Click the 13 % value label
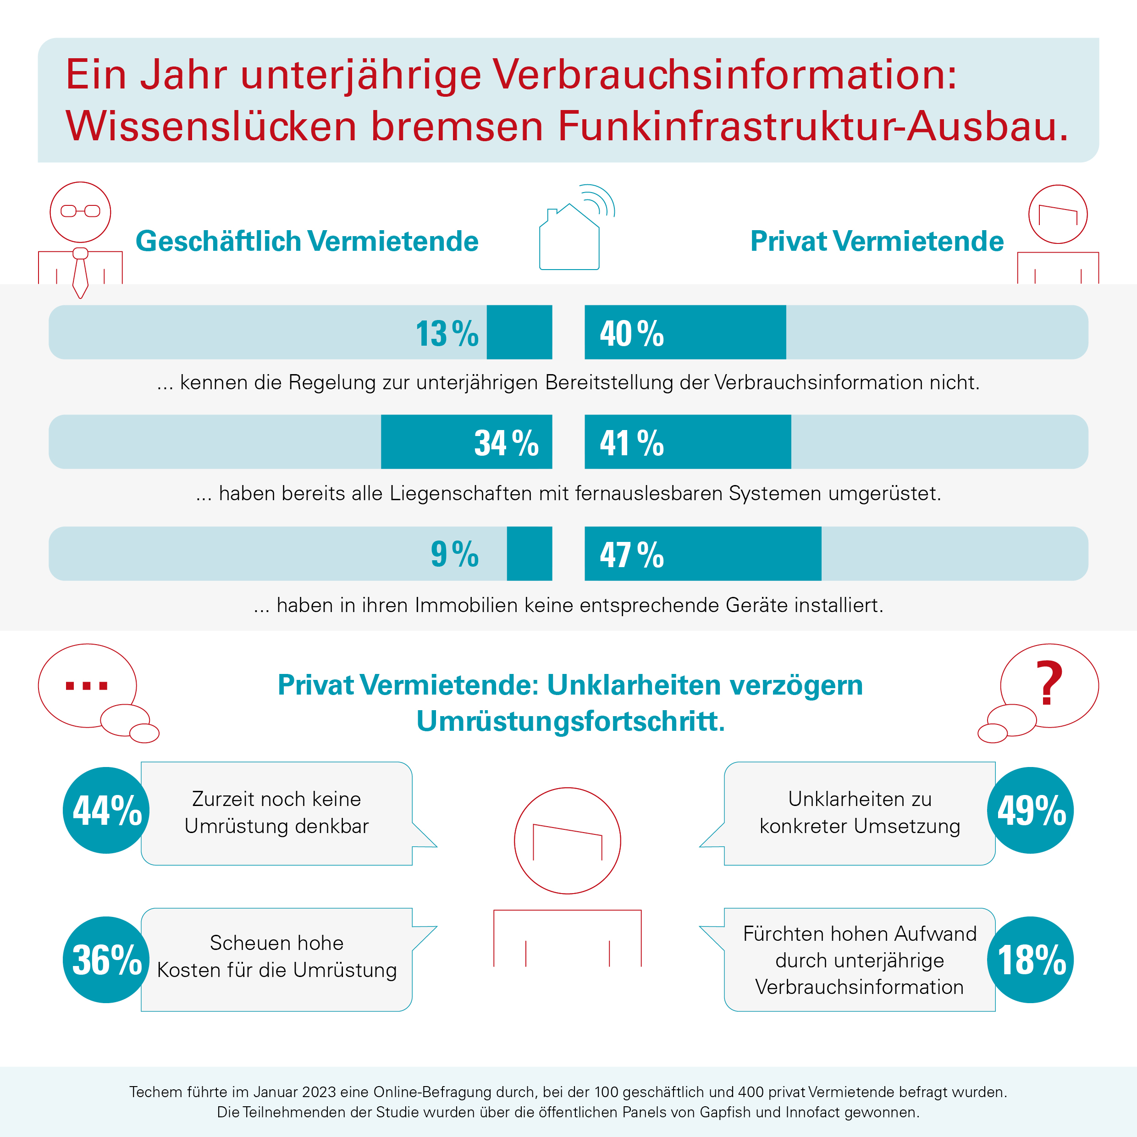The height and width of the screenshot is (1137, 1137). coord(447,333)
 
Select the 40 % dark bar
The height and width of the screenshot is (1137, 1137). coord(685,332)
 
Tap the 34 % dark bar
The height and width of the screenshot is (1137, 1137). coord(467,442)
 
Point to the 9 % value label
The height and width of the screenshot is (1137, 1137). coord(455,553)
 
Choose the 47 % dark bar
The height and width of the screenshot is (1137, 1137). coord(703,553)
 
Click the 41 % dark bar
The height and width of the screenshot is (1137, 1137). coord(688,442)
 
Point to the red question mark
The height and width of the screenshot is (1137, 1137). coord(1049,683)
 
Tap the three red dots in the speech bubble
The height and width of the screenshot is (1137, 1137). coord(87,685)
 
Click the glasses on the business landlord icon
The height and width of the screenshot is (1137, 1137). coord(81,211)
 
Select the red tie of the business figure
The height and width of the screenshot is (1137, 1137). coord(80,273)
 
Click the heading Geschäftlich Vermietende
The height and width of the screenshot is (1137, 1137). coord(307,241)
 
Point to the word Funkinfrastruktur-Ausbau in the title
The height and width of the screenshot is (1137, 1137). coord(813,126)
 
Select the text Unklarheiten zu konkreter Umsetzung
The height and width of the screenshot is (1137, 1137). coord(860,812)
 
